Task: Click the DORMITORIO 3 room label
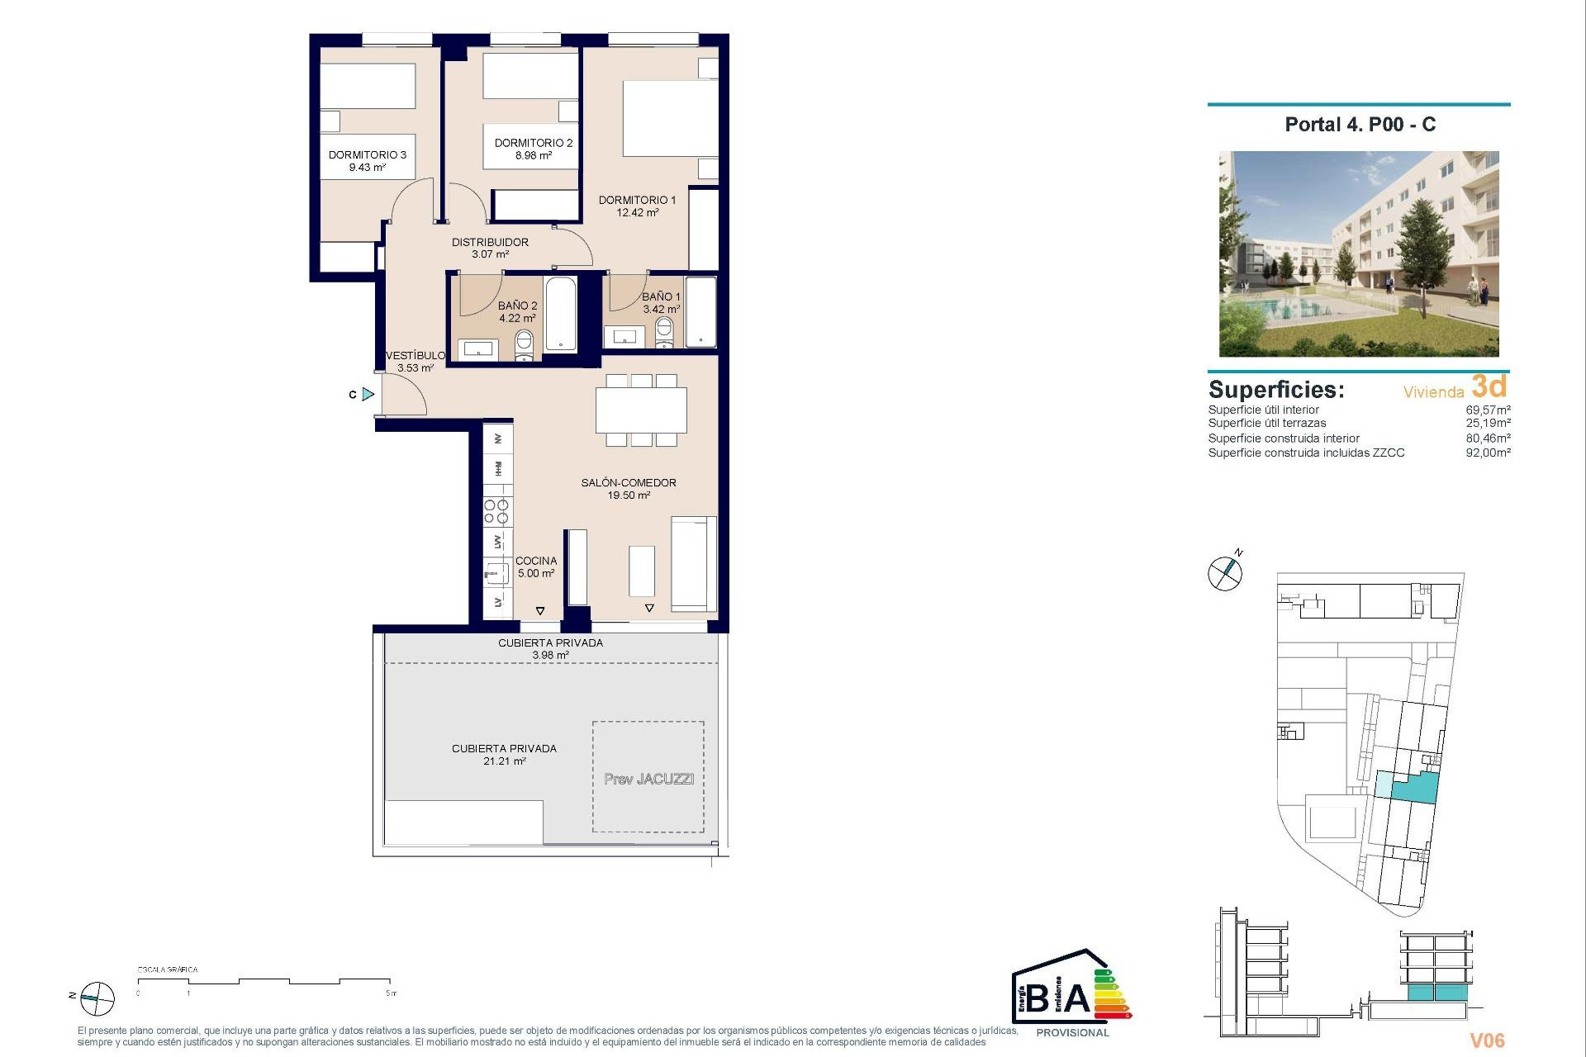tap(367, 154)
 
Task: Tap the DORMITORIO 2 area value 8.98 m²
tap(533, 155)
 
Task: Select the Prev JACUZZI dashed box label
tap(648, 779)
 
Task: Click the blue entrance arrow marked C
tap(368, 395)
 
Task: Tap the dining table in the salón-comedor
tap(641, 410)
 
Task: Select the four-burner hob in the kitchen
tap(496, 512)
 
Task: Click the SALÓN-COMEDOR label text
tap(628, 482)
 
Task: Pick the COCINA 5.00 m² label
tap(535, 566)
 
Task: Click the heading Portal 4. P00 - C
tap(1360, 125)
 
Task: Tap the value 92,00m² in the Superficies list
tap(1488, 453)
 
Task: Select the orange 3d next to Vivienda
tap(1489, 386)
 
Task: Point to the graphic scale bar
tap(264, 981)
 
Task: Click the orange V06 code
tap(1487, 1040)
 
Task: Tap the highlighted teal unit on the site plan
tap(1414, 788)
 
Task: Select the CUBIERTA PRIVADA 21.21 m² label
tap(504, 755)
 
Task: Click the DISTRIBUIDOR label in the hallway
tap(490, 242)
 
